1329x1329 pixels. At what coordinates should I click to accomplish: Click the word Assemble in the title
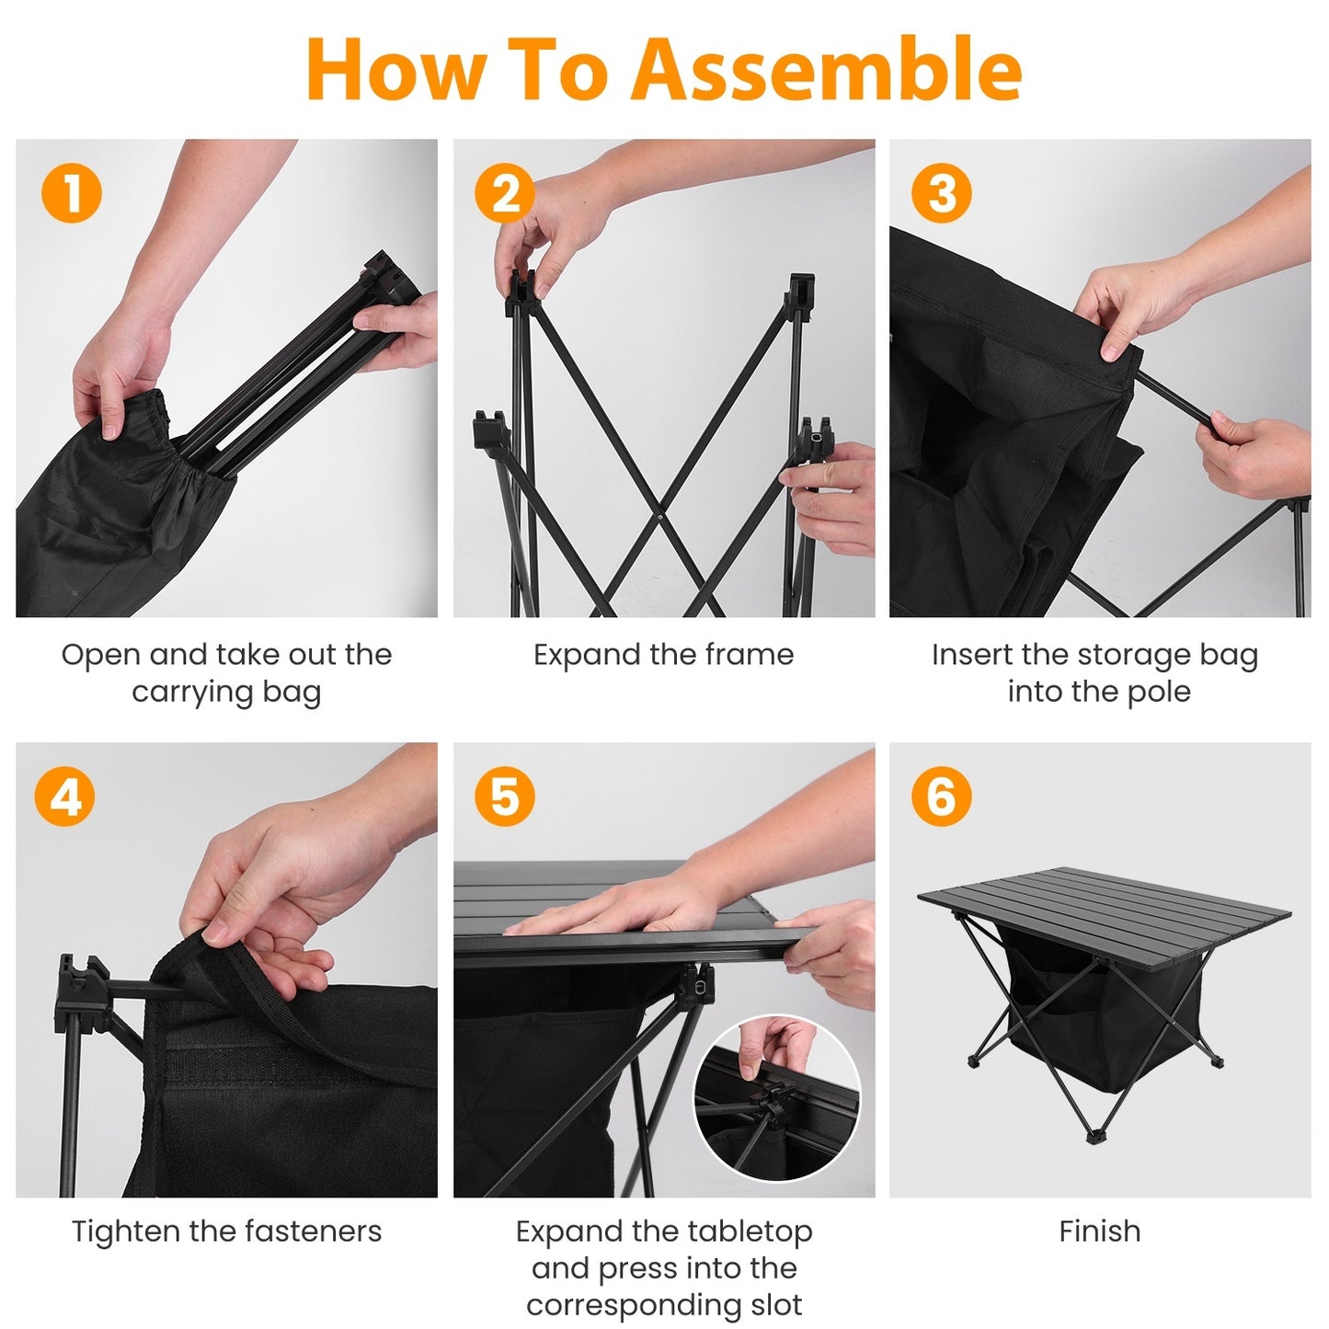click(x=826, y=70)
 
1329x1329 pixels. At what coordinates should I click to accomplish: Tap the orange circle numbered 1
click(x=72, y=193)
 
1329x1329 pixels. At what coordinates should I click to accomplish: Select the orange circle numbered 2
click(x=504, y=193)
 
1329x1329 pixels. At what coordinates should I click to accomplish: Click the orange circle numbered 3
click(x=941, y=193)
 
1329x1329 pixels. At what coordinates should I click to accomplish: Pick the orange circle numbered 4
click(x=64, y=796)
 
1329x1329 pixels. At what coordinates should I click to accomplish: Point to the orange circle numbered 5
click(x=504, y=796)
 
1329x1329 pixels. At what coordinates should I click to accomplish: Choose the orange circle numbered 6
click(x=941, y=796)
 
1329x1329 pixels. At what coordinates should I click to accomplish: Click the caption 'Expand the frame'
click(x=663, y=655)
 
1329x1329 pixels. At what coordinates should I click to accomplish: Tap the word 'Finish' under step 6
click(x=1099, y=1232)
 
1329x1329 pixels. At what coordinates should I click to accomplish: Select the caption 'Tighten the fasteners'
click(x=226, y=1232)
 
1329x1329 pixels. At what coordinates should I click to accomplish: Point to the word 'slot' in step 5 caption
click(x=777, y=1305)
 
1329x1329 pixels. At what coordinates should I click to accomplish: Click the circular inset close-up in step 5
click(x=777, y=1098)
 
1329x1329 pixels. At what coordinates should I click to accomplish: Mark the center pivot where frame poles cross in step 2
click(x=660, y=517)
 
